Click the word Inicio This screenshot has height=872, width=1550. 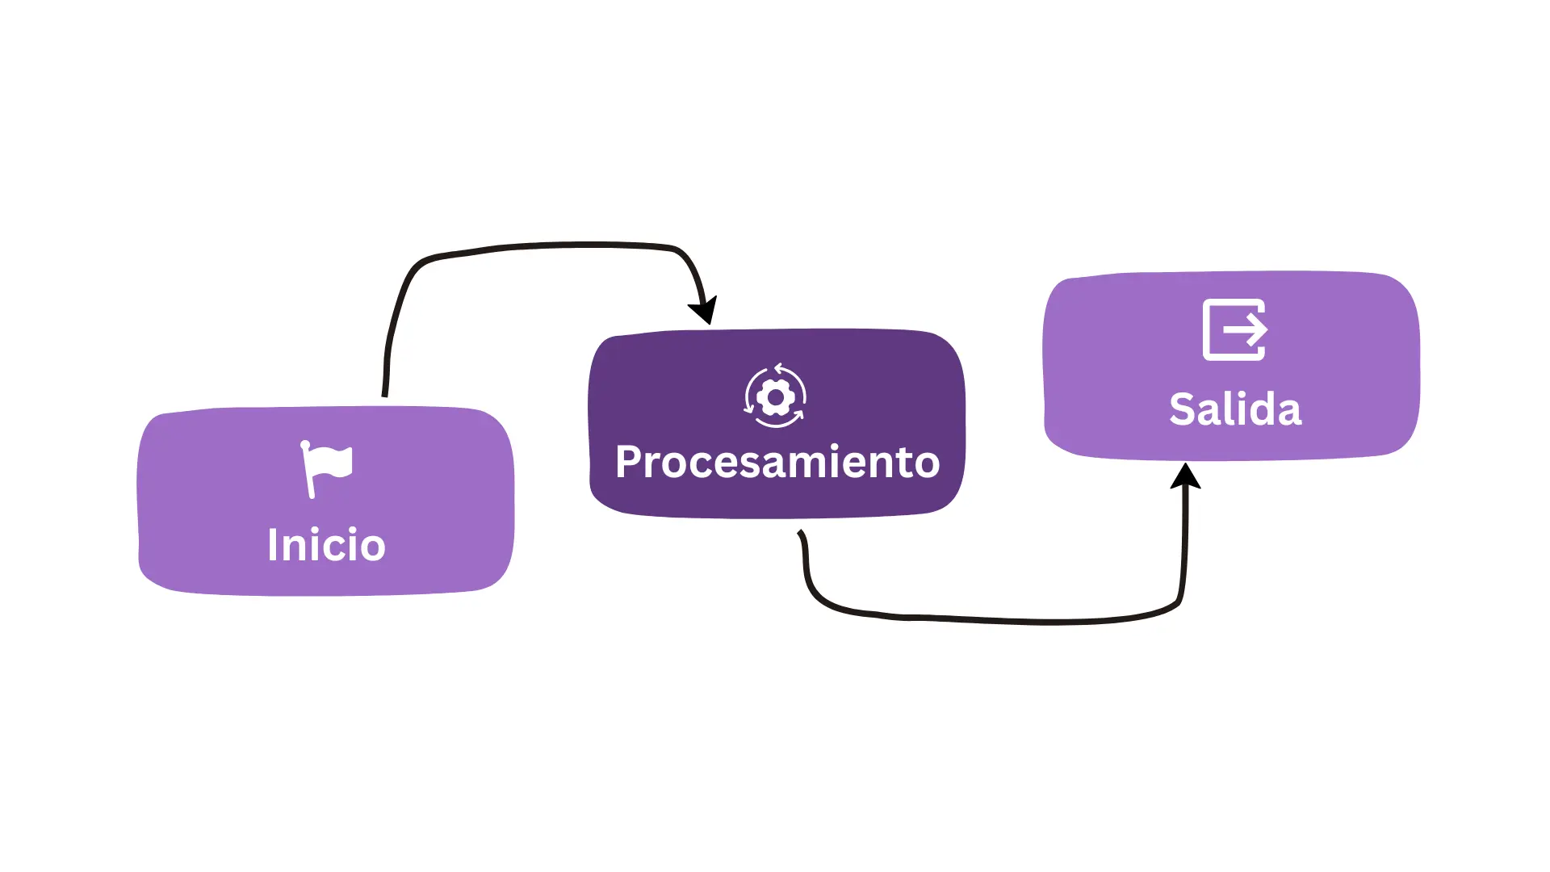[326, 544]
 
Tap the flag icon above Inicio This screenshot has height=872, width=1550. [326, 468]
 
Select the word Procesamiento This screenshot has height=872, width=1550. [777, 463]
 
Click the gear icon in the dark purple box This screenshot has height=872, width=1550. [775, 396]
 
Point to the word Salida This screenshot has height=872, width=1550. [1235, 409]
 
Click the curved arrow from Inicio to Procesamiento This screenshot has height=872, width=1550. [541, 245]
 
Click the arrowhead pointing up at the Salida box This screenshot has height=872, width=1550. [1185, 476]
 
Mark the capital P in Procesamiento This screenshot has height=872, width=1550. [628, 462]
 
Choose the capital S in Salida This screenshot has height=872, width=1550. [1182, 409]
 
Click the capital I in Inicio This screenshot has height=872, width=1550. [273, 544]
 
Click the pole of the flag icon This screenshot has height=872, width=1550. [308, 469]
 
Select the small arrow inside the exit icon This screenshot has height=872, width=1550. [1246, 329]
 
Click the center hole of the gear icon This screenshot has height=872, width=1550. [776, 397]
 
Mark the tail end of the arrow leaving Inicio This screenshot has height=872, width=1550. [384, 396]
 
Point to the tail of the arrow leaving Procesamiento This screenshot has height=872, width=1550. [800, 532]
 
